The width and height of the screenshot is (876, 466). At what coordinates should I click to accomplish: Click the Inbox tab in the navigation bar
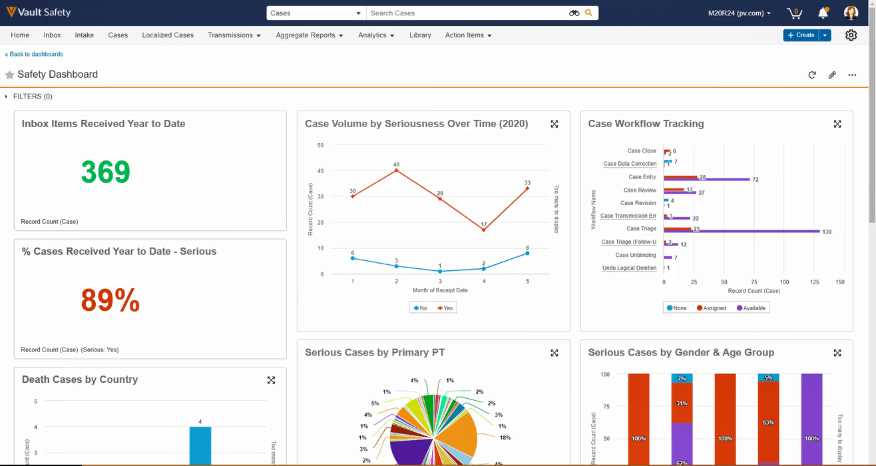pyautogui.click(x=52, y=35)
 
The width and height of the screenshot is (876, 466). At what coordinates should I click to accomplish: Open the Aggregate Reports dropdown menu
pyautogui.click(x=309, y=35)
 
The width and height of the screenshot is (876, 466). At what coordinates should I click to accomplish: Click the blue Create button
pyautogui.click(x=801, y=35)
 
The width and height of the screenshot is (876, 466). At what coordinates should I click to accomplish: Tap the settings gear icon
pyautogui.click(x=851, y=35)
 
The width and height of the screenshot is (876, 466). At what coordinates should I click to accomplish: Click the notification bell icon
pyautogui.click(x=823, y=13)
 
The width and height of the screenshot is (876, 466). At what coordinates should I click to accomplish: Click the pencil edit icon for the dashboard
pyautogui.click(x=832, y=75)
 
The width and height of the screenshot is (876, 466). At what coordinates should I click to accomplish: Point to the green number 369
pyautogui.click(x=105, y=172)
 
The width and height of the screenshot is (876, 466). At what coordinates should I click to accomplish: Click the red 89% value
pyautogui.click(x=110, y=301)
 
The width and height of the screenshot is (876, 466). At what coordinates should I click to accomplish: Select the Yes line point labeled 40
pyautogui.click(x=396, y=170)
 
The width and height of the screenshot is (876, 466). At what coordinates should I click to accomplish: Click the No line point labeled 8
pyautogui.click(x=527, y=253)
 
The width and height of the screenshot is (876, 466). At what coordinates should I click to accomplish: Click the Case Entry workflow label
pyautogui.click(x=642, y=177)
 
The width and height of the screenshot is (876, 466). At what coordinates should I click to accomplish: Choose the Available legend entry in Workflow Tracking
pyautogui.click(x=750, y=308)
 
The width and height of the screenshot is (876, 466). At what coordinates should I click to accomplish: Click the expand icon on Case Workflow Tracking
pyautogui.click(x=837, y=124)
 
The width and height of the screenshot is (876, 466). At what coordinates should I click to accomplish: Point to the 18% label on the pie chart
pyautogui.click(x=505, y=437)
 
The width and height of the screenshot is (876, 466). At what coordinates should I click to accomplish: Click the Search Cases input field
pyautogui.click(x=466, y=13)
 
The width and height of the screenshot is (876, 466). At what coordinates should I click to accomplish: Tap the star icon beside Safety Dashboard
pyautogui.click(x=10, y=75)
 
